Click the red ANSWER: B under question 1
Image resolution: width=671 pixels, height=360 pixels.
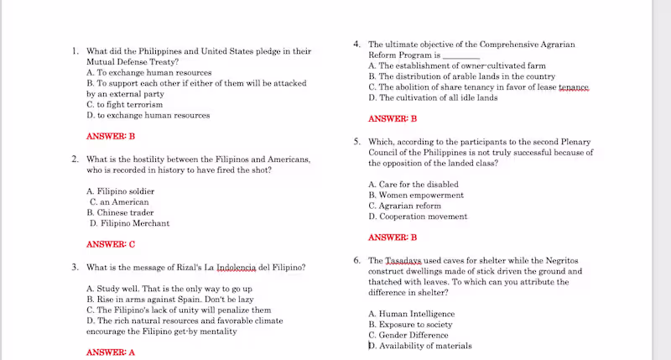[x=111, y=136]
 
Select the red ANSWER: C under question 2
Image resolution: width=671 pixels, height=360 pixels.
[x=111, y=244]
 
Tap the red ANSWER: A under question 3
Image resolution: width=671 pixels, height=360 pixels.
[x=111, y=352]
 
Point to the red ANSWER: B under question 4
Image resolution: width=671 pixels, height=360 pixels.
[x=393, y=119]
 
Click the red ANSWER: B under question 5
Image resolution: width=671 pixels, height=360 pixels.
[x=393, y=237]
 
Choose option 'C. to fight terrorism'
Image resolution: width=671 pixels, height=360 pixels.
[x=125, y=105]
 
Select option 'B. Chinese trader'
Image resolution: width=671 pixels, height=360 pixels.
[x=120, y=212]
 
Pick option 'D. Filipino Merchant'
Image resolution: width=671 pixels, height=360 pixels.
[x=129, y=223]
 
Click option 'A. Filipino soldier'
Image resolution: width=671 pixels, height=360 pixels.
[x=120, y=191]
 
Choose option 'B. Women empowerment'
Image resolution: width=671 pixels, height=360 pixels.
[x=415, y=195]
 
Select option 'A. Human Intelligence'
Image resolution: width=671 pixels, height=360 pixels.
[x=411, y=314]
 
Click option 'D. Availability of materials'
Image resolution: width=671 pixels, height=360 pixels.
[x=419, y=346]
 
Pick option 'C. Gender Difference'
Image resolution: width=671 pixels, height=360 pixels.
[x=408, y=335]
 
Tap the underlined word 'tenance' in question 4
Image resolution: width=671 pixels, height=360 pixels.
[x=574, y=87]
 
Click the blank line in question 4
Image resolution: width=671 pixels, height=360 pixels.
[x=460, y=55]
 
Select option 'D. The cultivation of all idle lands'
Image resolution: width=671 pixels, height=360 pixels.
[x=433, y=97]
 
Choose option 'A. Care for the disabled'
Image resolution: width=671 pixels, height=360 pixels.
[x=413, y=184]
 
